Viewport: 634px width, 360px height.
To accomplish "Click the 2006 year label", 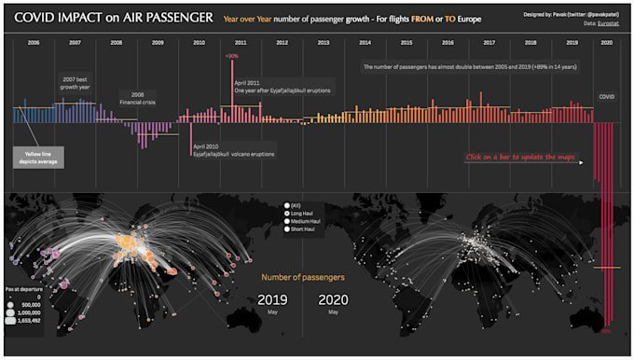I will pyautogui.click(x=33, y=43).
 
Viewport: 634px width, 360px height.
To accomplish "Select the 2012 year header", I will pyautogui.click(x=282, y=43).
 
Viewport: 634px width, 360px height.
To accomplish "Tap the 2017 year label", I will pyautogui.click(x=489, y=43).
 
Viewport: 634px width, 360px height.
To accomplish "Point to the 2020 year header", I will pyautogui.click(x=607, y=43).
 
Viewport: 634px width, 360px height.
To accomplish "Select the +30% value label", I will pyautogui.click(x=231, y=56).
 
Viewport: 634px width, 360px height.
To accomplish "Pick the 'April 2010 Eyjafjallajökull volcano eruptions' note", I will pyautogui.click(x=232, y=150).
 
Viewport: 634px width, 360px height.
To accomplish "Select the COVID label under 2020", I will pyautogui.click(x=607, y=95).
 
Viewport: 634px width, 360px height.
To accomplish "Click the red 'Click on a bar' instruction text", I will pyautogui.click(x=521, y=157).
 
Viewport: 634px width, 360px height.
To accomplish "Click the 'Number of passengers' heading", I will pyautogui.click(x=302, y=277).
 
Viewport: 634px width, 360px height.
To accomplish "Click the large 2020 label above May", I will pyautogui.click(x=333, y=299).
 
